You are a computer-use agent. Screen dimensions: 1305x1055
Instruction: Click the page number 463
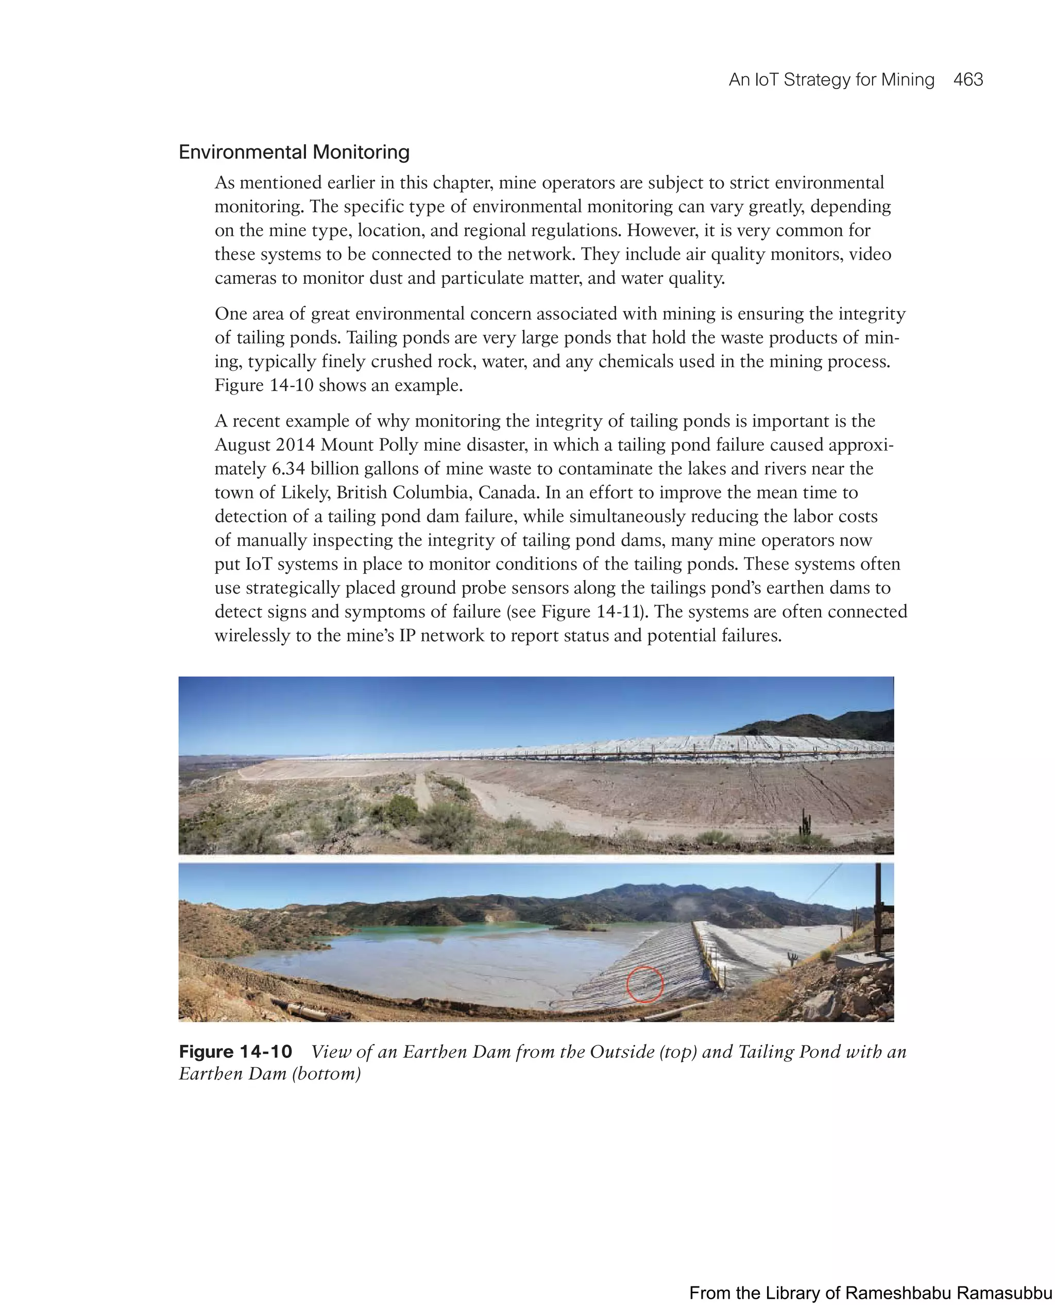[967, 80]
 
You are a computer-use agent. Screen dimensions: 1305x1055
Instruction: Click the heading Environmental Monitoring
[294, 152]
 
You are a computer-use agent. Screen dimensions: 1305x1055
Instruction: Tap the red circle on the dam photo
[644, 984]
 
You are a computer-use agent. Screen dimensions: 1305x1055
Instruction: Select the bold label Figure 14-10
[235, 1052]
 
